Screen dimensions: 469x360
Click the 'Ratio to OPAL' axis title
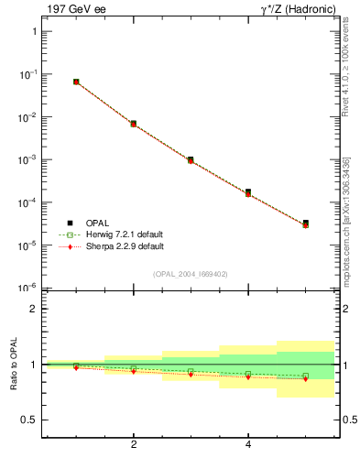[x=13, y=364]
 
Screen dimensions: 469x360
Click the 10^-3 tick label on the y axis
[x=27, y=159]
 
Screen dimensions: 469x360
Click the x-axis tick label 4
[x=248, y=445]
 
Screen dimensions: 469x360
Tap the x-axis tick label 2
[x=134, y=445]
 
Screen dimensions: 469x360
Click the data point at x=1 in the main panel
[x=76, y=82]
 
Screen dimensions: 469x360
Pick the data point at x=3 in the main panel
[x=191, y=159]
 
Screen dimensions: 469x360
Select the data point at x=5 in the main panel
[x=305, y=223]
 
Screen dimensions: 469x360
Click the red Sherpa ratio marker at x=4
[x=248, y=376]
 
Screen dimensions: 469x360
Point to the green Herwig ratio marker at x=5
[x=305, y=376]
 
